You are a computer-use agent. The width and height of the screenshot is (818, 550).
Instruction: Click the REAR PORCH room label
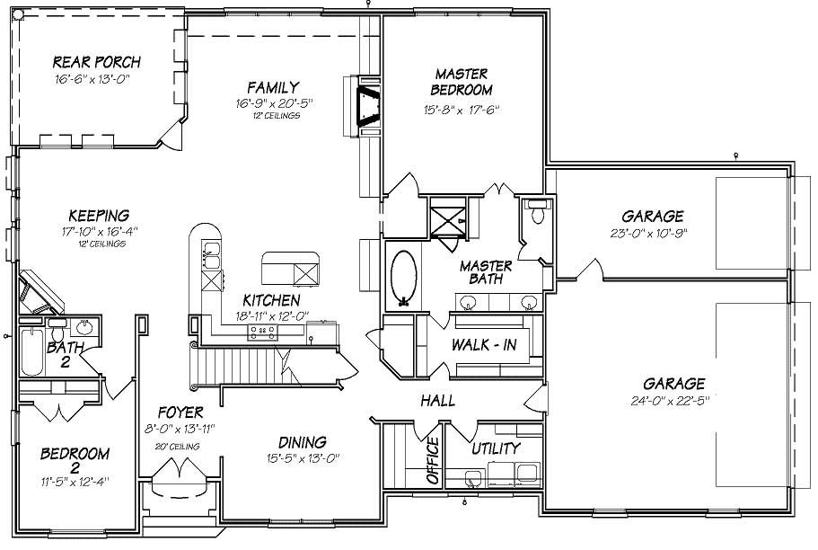[96, 62]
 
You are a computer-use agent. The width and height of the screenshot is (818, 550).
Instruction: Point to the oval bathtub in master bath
[405, 277]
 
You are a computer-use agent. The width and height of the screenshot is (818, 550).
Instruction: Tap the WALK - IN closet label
[484, 346]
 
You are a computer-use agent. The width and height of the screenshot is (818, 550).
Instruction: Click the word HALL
[436, 401]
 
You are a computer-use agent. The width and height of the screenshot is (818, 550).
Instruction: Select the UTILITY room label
[496, 448]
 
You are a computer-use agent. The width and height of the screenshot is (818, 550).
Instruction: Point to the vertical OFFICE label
[432, 461]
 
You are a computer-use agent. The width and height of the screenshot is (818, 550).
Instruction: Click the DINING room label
[302, 442]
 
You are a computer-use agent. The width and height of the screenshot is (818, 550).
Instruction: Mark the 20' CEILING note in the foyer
[176, 446]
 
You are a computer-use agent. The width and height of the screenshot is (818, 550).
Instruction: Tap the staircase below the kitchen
[242, 366]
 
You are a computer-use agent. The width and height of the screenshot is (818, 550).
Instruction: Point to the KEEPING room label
[100, 215]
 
